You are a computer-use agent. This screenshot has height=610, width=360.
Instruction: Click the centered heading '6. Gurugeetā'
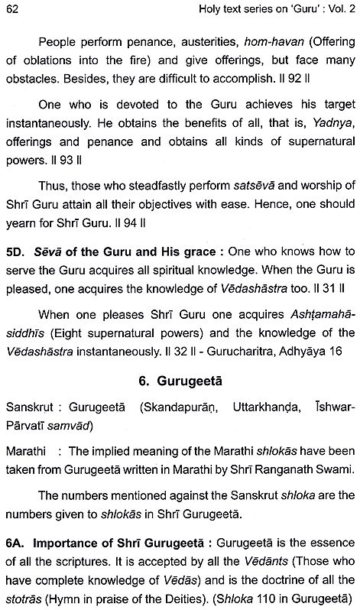(180, 395)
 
